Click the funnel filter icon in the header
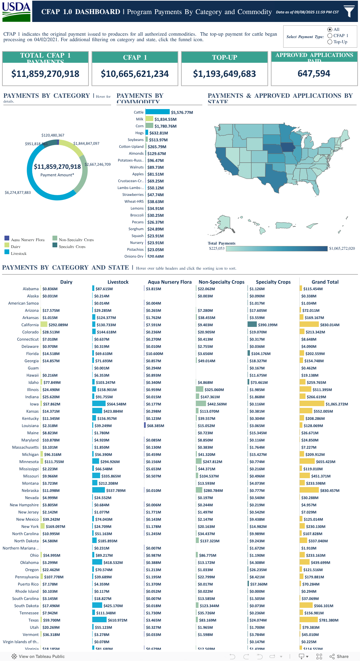(349, 11)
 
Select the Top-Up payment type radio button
(330, 42)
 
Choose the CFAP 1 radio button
(330, 36)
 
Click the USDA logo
(16, 11)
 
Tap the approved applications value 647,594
(314, 73)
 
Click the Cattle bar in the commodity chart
(157, 112)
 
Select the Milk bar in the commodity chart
(149, 119)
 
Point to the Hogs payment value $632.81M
(158, 133)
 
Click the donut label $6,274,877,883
(18, 192)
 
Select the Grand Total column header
(325, 282)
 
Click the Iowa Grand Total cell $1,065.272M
(336, 404)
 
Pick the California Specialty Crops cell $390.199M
(267, 325)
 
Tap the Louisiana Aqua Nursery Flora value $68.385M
(155, 426)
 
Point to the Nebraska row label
(30, 491)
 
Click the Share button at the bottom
(339, 656)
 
